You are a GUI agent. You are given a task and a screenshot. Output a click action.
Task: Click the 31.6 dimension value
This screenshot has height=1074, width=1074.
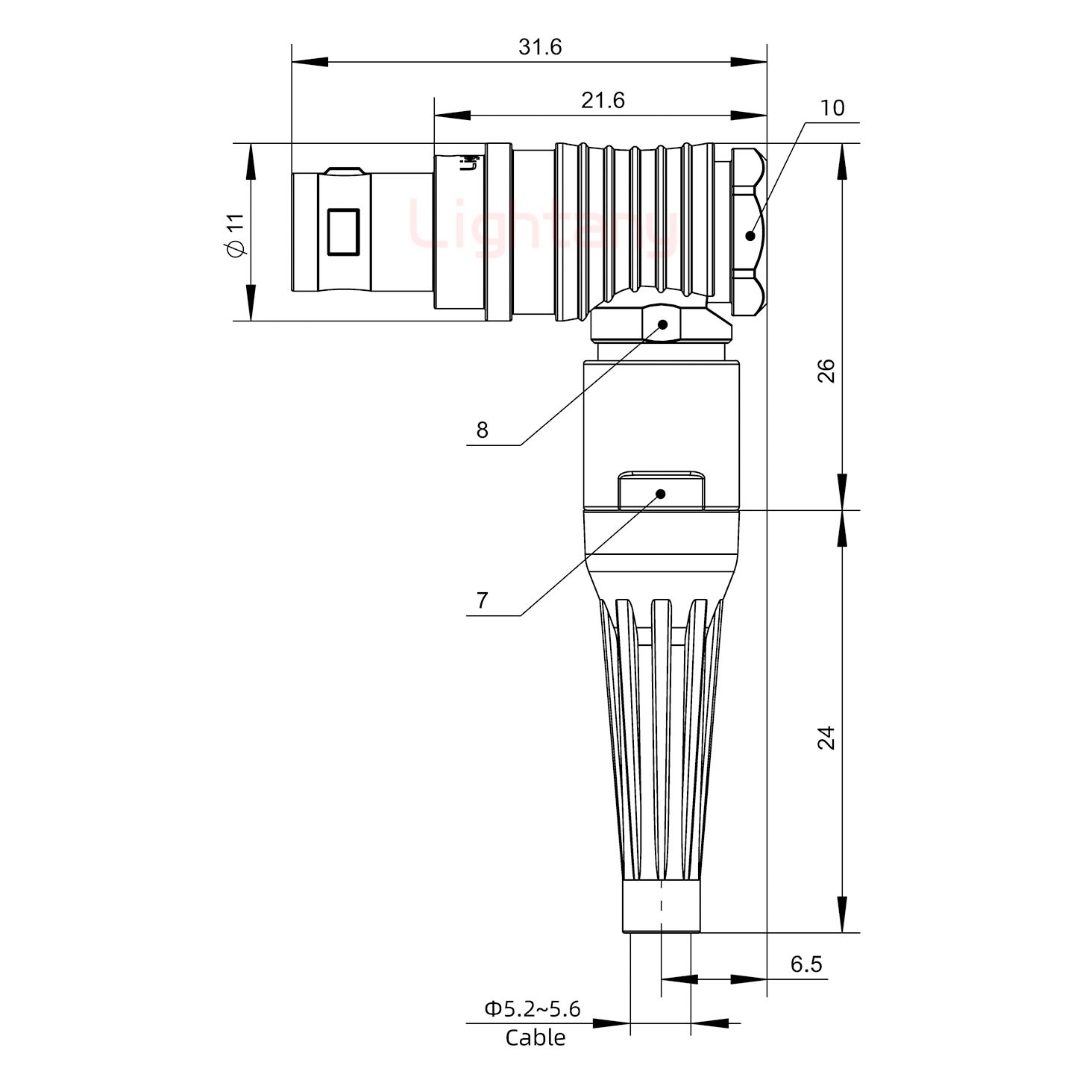(x=540, y=47)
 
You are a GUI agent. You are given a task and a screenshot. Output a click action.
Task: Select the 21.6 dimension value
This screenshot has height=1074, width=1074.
(x=603, y=100)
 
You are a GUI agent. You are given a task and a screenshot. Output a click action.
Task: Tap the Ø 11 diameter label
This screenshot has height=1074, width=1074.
(x=235, y=235)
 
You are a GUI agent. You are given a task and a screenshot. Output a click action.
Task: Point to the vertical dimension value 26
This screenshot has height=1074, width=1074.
(x=826, y=371)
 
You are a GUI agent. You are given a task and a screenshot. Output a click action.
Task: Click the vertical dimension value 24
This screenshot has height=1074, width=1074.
(x=826, y=738)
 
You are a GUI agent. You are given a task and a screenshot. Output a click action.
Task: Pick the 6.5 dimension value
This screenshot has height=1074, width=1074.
(x=805, y=964)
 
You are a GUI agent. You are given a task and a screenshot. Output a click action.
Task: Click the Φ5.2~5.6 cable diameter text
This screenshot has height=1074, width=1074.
(x=533, y=1009)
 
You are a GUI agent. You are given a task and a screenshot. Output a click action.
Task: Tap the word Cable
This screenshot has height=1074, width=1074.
(x=535, y=1037)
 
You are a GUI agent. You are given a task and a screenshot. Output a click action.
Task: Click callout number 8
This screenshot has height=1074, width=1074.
(x=482, y=430)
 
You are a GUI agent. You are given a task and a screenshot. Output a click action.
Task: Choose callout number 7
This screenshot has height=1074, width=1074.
(x=482, y=600)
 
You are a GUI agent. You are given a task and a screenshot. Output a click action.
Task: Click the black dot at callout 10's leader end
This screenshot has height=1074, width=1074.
(x=750, y=236)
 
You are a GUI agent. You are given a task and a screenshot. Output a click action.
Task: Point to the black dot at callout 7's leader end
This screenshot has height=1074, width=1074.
(x=660, y=494)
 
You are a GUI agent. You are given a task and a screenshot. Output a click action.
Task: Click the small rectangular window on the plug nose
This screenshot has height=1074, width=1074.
(x=343, y=232)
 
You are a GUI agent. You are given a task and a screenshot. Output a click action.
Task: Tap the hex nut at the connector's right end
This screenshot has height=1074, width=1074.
(x=747, y=231)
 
